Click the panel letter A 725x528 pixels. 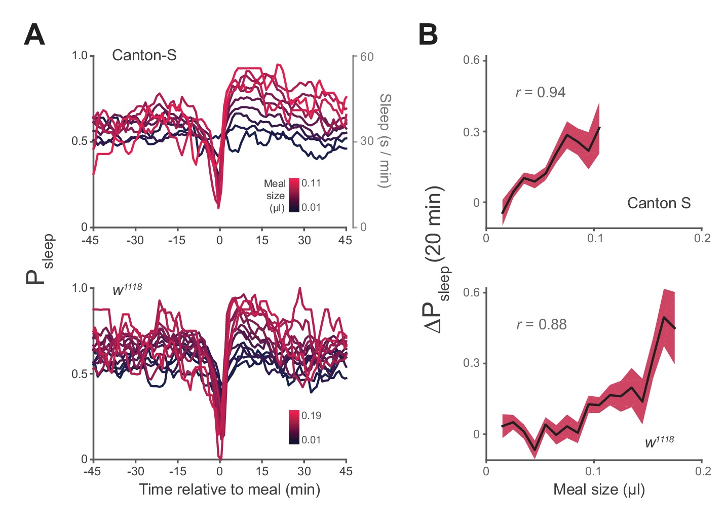[34, 35]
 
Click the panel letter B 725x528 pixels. [428, 35]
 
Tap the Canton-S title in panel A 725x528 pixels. [144, 55]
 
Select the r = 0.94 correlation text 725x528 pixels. [540, 92]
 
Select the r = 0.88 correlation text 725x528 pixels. [541, 324]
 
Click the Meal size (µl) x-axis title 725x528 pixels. [599, 489]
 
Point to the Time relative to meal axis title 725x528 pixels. [230, 489]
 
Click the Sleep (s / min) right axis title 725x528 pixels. [385, 140]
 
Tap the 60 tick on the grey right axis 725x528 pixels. [367, 57]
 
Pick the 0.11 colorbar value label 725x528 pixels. [311, 183]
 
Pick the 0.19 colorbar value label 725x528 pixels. [311, 416]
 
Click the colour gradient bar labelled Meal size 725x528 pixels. [294, 195]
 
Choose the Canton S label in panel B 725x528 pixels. [659, 203]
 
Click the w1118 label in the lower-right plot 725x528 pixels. [659, 441]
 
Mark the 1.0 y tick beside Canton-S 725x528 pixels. [80, 55]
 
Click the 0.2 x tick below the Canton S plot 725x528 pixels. [702, 238]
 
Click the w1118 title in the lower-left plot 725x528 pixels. [127, 289]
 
